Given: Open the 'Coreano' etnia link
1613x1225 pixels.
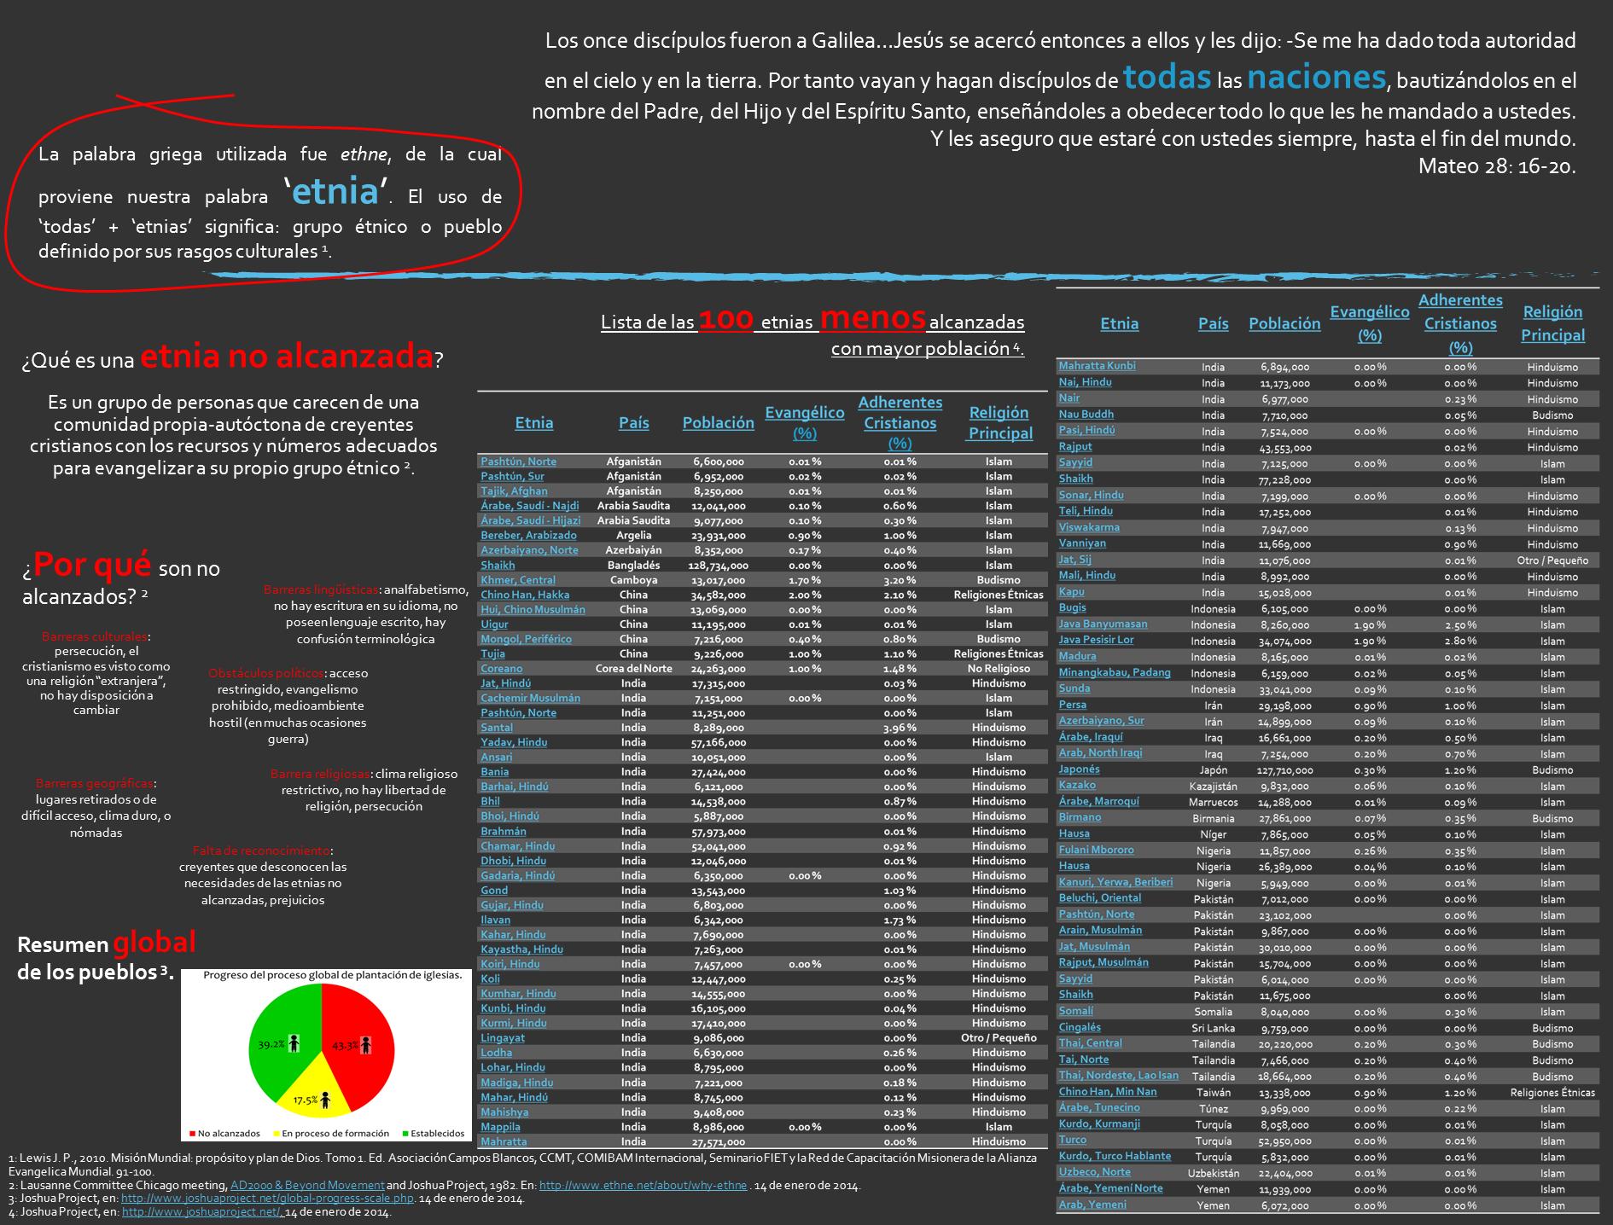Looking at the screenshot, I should (501, 669).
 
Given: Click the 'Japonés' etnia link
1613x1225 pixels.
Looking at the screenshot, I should (1079, 769).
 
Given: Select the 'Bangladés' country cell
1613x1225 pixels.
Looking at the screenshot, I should (633, 566).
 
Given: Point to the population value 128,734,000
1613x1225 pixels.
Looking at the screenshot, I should (719, 566).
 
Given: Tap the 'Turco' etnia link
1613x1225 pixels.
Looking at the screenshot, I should (1073, 1140).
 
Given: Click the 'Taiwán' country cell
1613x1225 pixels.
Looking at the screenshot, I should (1213, 1092).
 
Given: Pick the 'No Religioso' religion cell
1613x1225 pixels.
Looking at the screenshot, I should (999, 669).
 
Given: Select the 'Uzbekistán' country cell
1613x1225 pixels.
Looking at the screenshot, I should (1213, 1173).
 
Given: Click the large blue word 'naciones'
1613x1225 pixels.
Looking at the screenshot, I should (1316, 78).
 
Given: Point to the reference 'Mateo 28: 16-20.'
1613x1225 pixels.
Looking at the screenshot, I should (1496, 166).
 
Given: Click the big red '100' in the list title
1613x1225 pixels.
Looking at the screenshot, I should (725, 321).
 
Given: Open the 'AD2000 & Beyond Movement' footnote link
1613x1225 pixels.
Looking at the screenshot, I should (307, 1186).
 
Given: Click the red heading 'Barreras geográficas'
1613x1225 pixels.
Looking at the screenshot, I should (95, 783).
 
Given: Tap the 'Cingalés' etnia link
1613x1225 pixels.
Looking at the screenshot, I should (1080, 1028).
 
